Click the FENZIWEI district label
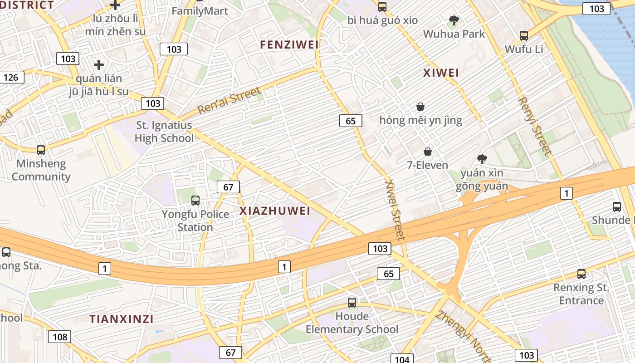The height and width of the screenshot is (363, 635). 289,44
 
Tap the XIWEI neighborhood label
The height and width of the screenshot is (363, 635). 441,73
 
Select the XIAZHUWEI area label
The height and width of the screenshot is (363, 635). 275,211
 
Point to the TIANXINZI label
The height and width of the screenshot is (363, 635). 121,319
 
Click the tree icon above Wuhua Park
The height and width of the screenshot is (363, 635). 454,20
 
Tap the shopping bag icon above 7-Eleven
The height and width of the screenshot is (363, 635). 427,151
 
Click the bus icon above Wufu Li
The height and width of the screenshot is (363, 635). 524,35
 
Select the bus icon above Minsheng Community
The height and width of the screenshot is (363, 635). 41,150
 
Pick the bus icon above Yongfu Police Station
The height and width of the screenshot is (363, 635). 195,200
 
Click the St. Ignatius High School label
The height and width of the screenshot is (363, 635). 164,132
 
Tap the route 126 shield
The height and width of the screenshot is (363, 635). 11,77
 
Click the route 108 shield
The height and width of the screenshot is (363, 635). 59,337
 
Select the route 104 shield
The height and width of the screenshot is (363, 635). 402,359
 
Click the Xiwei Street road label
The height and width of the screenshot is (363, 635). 394,210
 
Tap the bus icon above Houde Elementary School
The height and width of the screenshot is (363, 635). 352,302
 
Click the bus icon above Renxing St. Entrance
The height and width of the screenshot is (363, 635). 581,274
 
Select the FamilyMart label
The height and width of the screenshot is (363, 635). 200,11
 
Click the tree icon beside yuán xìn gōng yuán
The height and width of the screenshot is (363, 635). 482,159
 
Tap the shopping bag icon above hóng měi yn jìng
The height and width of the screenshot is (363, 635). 420,107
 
